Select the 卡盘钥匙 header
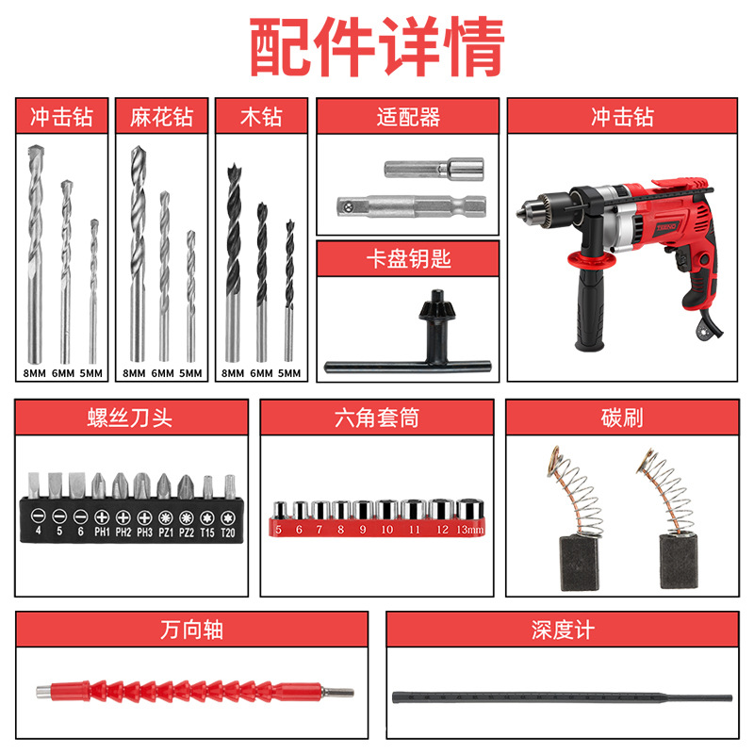coord(408,258)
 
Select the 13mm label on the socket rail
coord(468,531)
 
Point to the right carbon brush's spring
coord(661,490)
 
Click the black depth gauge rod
coord(561,697)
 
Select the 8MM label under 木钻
coord(233,373)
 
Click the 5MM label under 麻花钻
coord(190,373)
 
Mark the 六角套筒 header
coord(377,417)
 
